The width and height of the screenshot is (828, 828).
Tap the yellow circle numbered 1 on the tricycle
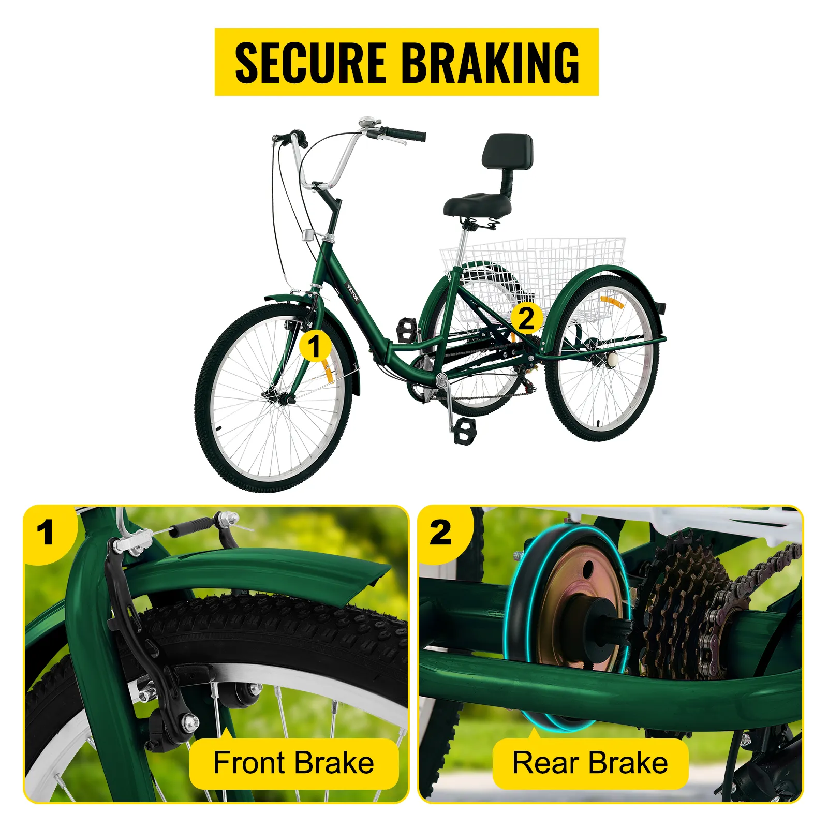pyautogui.click(x=315, y=346)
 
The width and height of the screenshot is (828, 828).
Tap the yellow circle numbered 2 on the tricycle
pyautogui.click(x=526, y=318)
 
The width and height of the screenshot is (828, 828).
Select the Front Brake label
pyautogui.click(x=294, y=763)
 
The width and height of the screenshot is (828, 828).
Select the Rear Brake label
pyautogui.click(x=590, y=763)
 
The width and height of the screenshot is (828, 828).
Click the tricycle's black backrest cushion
pyautogui.click(x=507, y=151)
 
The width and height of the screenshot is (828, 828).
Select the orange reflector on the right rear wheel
pyautogui.click(x=612, y=302)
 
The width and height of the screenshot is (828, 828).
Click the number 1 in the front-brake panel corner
pyautogui.click(x=46, y=533)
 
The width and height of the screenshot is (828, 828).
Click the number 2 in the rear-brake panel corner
pyautogui.click(x=440, y=533)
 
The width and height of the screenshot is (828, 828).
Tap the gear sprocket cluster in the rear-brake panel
pyautogui.click(x=678, y=605)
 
